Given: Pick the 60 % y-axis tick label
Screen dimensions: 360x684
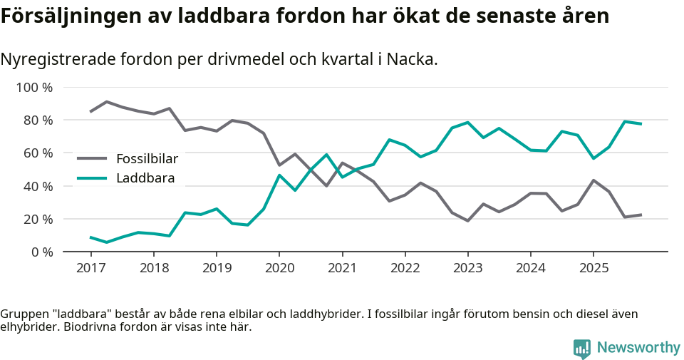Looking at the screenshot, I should click(37, 153).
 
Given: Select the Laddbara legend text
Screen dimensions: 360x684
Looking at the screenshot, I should click(145, 178).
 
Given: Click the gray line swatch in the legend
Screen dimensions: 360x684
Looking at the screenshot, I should click(92, 158).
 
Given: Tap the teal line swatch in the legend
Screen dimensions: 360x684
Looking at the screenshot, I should click(92, 178).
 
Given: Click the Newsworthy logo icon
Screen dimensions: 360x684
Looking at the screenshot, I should click(581, 348).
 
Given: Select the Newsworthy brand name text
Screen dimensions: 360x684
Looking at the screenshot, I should click(638, 348).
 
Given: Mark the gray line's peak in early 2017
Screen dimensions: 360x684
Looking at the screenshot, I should click(106, 101).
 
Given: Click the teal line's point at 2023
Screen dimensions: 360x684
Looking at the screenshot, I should click(467, 122).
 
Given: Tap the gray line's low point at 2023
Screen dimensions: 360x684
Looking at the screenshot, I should click(467, 221).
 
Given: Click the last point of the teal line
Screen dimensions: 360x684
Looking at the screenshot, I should click(641, 124).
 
